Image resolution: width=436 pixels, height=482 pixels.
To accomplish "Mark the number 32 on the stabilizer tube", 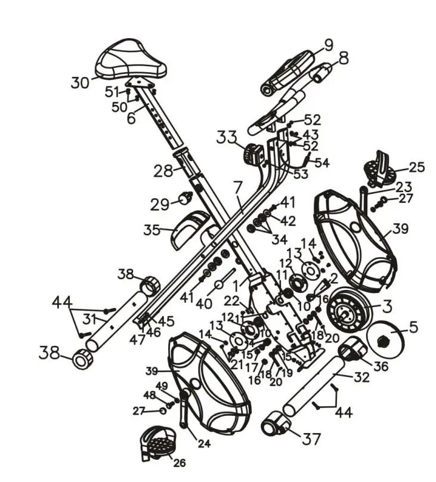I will coord(361,377).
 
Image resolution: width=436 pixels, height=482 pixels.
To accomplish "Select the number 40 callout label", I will coord(205,303).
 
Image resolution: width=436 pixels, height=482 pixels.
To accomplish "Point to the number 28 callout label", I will coord(162,172).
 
